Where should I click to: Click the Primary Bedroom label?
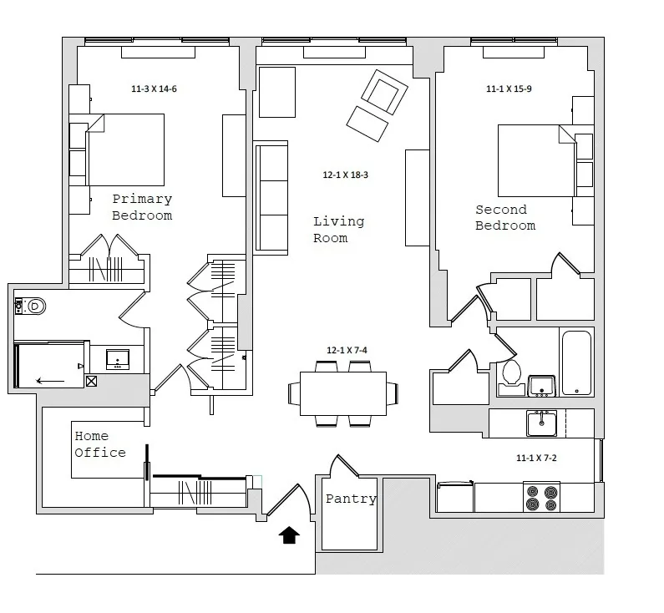[x=142, y=207]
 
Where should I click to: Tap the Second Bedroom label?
[x=505, y=217]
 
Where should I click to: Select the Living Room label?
[x=338, y=230]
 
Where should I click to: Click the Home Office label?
[x=100, y=444]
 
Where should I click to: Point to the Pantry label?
[x=351, y=499]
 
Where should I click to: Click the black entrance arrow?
[x=289, y=534]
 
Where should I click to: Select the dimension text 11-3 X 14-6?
[x=154, y=89]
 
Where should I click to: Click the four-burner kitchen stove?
[x=541, y=497]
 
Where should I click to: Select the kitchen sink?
[x=541, y=423]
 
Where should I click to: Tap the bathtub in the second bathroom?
[x=576, y=362]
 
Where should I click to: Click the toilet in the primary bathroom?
[x=32, y=306]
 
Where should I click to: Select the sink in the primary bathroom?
[x=117, y=359]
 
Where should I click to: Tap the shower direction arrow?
[x=50, y=382]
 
